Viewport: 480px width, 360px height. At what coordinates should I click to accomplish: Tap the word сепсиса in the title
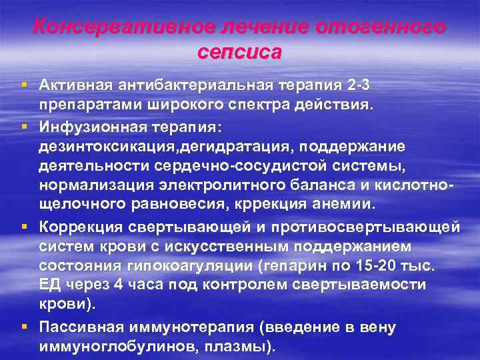(240, 51)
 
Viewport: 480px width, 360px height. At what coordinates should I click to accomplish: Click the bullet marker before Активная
(24, 85)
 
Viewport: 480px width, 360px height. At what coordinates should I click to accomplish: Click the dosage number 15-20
(383, 265)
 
